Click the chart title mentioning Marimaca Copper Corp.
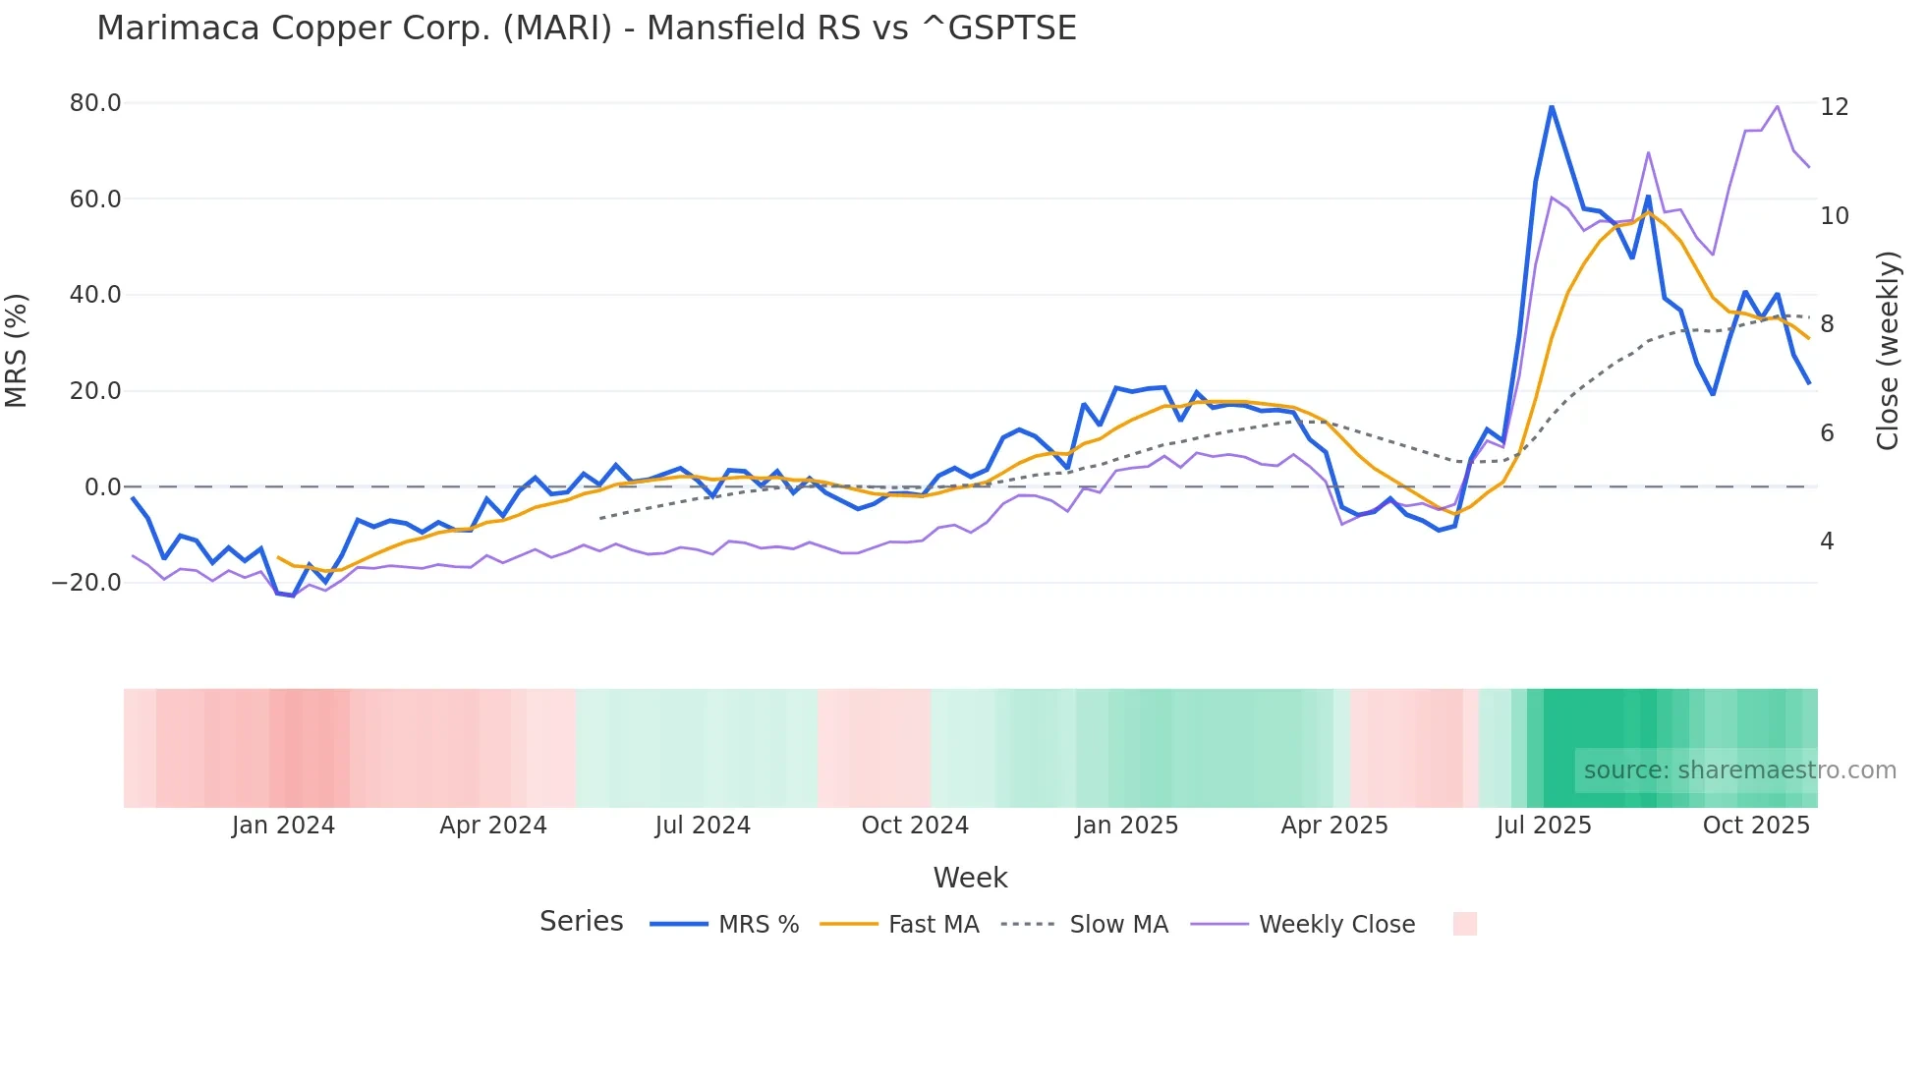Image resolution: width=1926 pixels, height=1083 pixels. [587, 28]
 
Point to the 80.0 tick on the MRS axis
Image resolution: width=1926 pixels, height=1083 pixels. [95, 103]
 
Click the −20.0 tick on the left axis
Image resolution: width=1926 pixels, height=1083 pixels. [86, 582]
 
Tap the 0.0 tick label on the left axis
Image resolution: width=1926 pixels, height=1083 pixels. [102, 486]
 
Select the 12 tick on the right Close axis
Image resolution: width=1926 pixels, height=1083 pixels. [1834, 106]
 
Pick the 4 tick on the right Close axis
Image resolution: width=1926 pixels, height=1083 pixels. [1827, 541]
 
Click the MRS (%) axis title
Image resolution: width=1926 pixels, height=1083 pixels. [17, 350]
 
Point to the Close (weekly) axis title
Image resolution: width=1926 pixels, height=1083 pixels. [1887, 350]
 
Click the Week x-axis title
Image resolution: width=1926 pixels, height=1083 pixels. [970, 878]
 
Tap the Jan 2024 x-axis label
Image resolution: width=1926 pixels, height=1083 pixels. [283, 826]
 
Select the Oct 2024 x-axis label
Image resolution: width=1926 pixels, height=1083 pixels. [915, 826]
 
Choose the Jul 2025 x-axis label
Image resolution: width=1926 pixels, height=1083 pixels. [1544, 826]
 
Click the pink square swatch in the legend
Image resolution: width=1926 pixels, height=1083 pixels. [1464, 924]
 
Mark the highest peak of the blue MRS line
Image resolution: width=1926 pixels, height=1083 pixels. [1552, 106]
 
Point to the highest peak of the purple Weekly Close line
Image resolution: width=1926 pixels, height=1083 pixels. [1777, 106]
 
